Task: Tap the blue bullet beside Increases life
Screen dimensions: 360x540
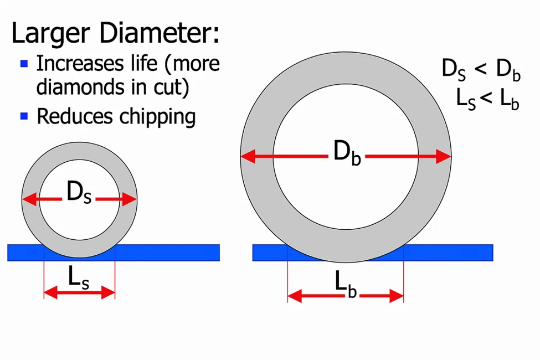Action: coord(24,64)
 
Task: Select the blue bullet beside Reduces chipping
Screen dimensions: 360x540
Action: coord(24,116)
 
